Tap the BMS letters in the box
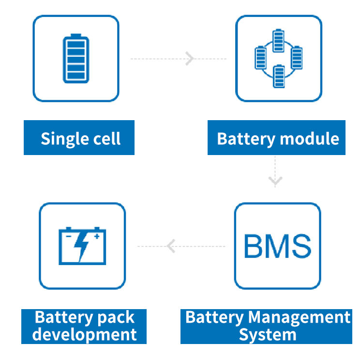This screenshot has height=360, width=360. coord(277,246)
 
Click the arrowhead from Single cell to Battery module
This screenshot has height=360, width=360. coord(189,59)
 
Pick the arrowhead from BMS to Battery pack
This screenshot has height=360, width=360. coord(170,246)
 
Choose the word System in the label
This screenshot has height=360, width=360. coord(268,334)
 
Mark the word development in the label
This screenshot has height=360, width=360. coord(84,334)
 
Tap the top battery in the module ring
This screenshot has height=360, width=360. coord(278,40)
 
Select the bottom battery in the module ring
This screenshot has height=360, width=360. coord(278,76)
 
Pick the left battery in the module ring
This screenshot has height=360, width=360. coord(260,58)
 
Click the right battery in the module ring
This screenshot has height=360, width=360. coord(296,58)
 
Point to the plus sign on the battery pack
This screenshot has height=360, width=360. coord(96,236)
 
